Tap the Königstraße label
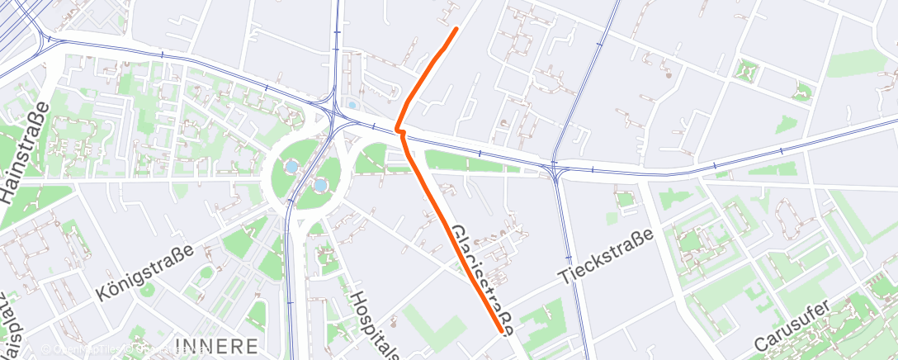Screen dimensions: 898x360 (x=144, y=273)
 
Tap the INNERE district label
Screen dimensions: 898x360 (x=217, y=345)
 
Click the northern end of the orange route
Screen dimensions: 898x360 (x=456, y=29)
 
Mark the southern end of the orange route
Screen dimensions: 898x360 (x=501, y=331)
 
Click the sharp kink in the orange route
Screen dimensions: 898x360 (x=398, y=130)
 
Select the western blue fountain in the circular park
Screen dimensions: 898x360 (x=291, y=167)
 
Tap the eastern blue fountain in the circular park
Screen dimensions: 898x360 (x=319, y=185)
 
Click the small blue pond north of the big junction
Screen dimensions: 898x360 (x=353, y=106)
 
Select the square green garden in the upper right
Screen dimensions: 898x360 (x=748, y=72)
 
